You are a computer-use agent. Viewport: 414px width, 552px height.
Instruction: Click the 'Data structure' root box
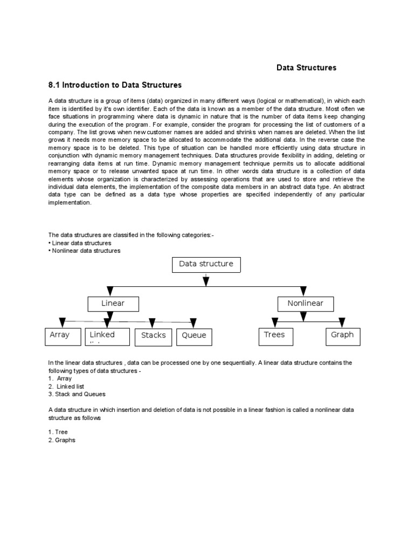coord(206,265)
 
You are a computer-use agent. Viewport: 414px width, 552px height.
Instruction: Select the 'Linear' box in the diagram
coord(113,304)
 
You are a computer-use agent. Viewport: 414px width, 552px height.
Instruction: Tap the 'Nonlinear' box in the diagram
coord(305,304)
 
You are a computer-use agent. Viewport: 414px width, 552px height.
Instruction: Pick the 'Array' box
coord(60,336)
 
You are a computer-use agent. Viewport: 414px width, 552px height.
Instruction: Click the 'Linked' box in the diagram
coord(107,336)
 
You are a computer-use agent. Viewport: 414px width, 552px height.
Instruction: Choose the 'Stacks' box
coord(153,336)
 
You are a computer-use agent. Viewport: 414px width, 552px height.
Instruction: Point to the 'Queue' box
coord(194,336)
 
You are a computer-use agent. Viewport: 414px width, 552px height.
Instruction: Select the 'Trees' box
coord(275,336)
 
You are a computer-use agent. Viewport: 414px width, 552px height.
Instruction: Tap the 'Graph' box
coord(342,336)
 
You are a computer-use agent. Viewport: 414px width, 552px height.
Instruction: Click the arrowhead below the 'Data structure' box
coord(206,281)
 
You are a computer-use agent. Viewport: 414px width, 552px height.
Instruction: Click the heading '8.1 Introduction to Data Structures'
coord(115,85)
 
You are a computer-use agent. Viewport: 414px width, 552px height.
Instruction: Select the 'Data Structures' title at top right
coord(306,68)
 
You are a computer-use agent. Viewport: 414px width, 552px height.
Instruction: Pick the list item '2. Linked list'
coord(66,387)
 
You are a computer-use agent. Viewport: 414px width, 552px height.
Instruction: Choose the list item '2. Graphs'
coord(62,440)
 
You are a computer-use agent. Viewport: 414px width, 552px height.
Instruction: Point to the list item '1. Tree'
coord(58,432)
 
